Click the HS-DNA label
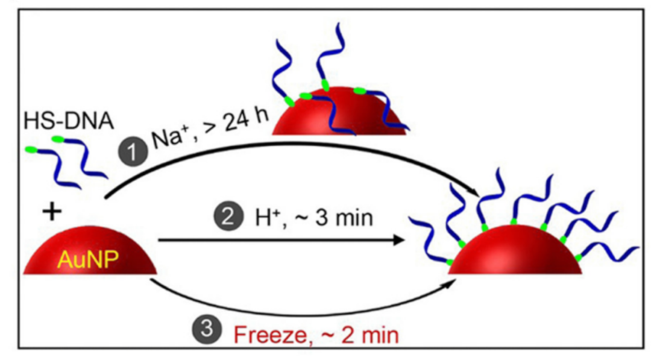point(68,121)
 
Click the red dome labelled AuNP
point(90,253)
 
